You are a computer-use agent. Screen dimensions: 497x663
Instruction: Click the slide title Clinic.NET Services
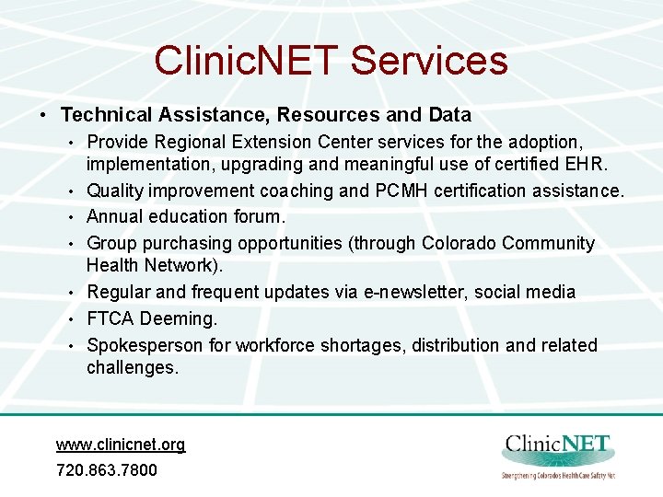[x=331, y=61]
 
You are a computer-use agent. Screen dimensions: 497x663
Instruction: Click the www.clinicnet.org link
[x=121, y=445]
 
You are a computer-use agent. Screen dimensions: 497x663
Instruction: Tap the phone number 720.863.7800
[x=107, y=470]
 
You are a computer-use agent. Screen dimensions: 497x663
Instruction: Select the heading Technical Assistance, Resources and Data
[x=265, y=115]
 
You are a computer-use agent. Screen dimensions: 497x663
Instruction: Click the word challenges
[x=132, y=368]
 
